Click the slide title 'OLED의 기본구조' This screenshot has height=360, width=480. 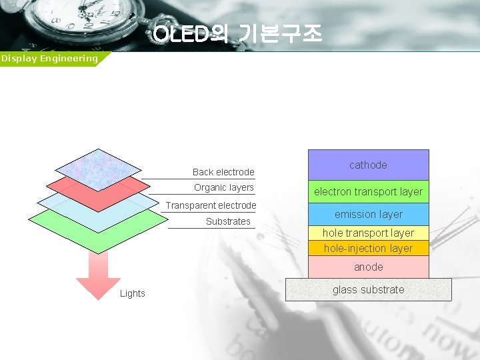click(237, 33)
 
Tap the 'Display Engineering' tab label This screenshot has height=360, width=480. click(49, 59)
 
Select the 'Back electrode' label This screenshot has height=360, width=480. click(223, 172)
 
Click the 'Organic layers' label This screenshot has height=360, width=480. click(224, 187)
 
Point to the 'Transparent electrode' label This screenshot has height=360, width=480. click(211, 205)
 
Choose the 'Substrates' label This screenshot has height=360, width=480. click(228, 221)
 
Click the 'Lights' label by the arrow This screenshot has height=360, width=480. click(132, 293)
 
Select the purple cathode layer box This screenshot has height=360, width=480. click(368, 165)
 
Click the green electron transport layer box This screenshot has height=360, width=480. click(368, 192)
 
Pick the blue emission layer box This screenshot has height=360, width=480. click(368, 215)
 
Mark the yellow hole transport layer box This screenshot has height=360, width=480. click(368, 233)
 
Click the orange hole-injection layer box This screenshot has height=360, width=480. click(368, 249)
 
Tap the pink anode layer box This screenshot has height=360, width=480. click(368, 267)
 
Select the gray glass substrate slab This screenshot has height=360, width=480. click(368, 289)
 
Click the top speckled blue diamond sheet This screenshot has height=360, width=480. click(98, 167)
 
